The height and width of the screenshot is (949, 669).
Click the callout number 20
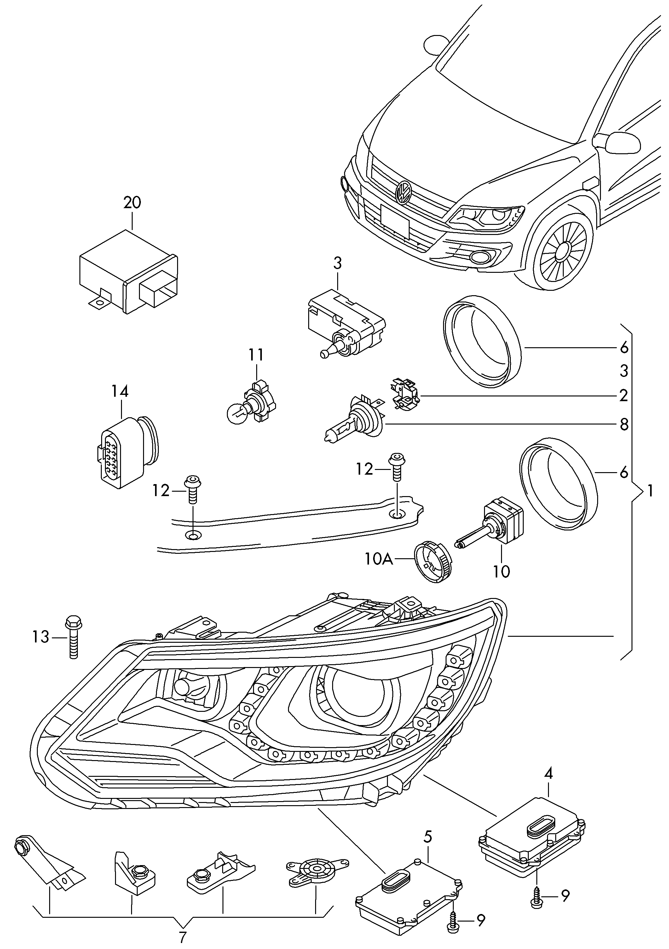pyautogui.click(x=132, y=202)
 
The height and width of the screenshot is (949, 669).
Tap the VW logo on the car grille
pyautogui.click(x=403, y=192)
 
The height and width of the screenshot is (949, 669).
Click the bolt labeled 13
pyautogui.click(x=73, y=642)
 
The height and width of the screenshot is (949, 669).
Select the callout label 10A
pyautogui.click(x=378, y=559)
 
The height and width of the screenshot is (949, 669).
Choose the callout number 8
pyautogui.click(x=624, y=425)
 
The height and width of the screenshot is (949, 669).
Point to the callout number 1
pyautogui.click(x=650, y=491)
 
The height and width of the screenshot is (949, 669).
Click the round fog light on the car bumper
pyautogui.click(x=480, y=257)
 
